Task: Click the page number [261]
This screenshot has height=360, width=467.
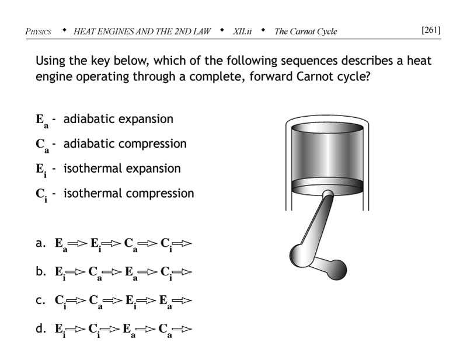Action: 431,30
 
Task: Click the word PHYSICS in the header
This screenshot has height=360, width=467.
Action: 38,31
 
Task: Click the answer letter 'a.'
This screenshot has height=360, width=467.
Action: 41,243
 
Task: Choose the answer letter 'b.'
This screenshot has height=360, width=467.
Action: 41,271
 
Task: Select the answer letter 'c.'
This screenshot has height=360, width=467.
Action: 41,300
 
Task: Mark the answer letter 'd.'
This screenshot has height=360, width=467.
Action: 41,328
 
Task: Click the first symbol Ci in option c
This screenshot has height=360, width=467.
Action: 60,301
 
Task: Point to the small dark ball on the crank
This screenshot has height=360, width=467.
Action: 337,269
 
